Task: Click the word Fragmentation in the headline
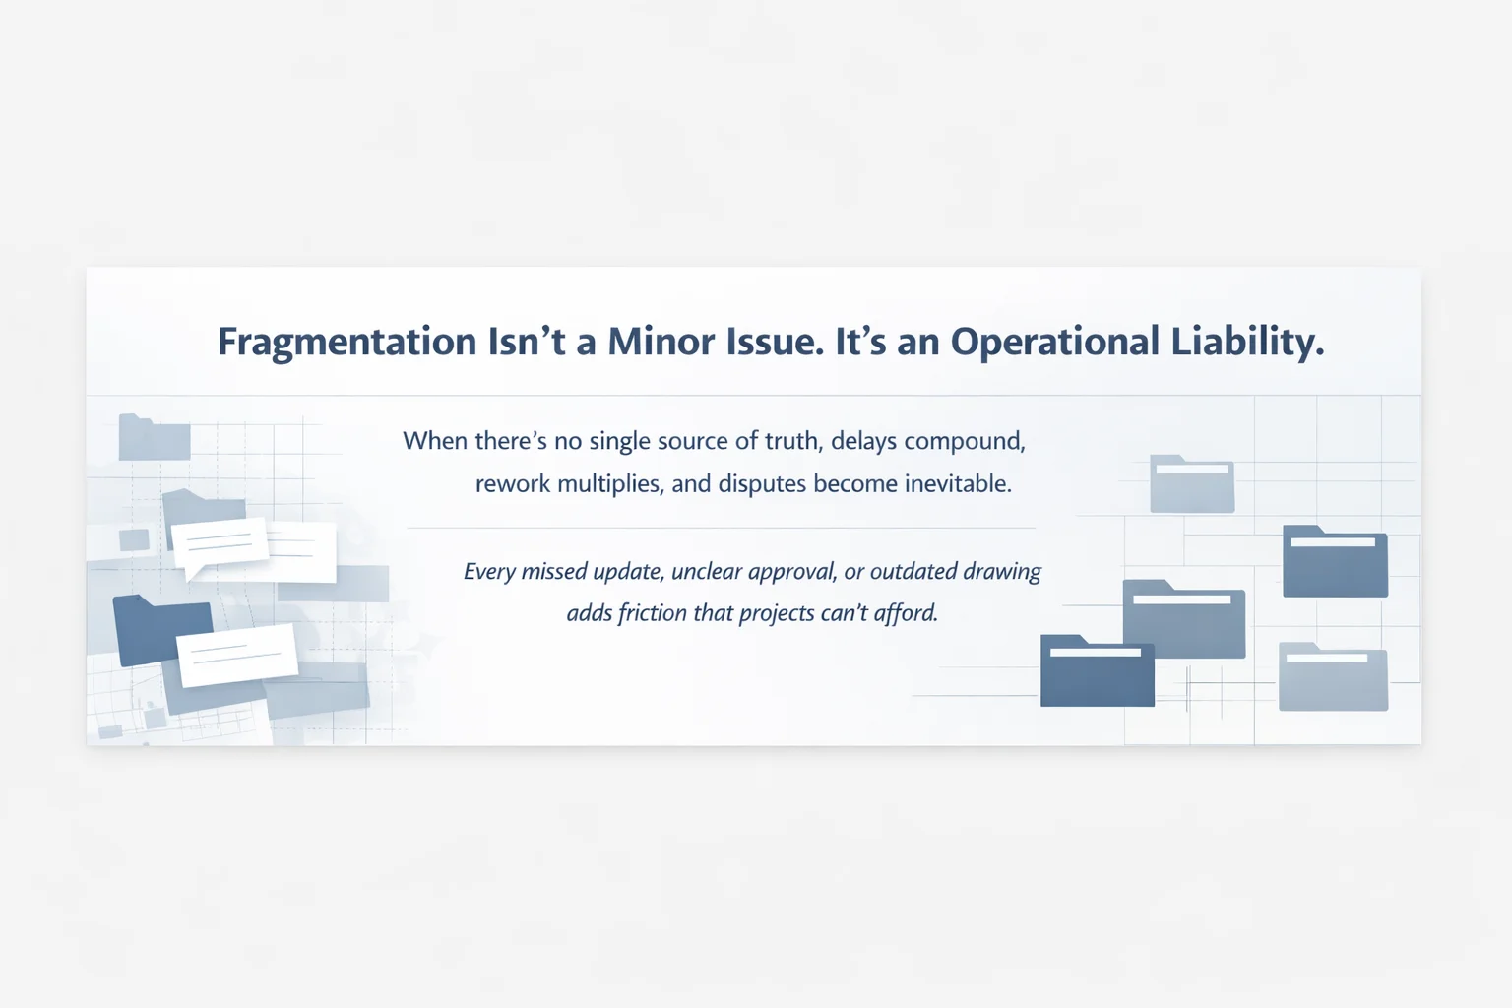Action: point(346,342)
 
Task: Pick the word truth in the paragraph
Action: point(790,440)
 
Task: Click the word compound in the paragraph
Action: point(964,441)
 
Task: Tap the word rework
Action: point(512,483)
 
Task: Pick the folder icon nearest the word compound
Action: point(1191,484)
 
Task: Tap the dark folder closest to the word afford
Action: point(1097,671)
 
